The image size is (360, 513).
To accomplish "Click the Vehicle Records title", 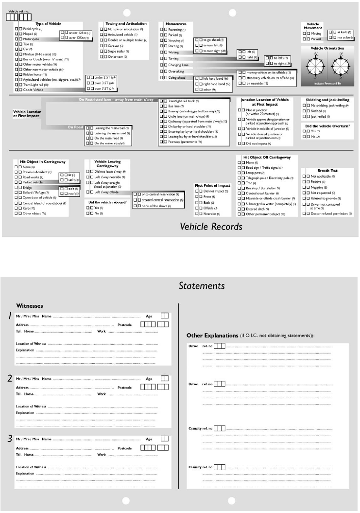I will coord(211,226).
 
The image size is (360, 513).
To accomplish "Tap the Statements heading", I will coord(202,285).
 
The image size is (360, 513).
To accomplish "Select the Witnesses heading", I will coord(30,306).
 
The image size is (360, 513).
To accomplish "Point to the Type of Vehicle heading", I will coord(48,24).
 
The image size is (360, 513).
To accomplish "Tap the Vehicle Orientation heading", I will coord(324,48).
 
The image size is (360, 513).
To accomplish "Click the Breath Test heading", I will coord(327,171).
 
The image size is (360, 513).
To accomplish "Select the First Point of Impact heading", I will coord(212,185).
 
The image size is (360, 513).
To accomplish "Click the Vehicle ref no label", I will coord(18,11).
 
